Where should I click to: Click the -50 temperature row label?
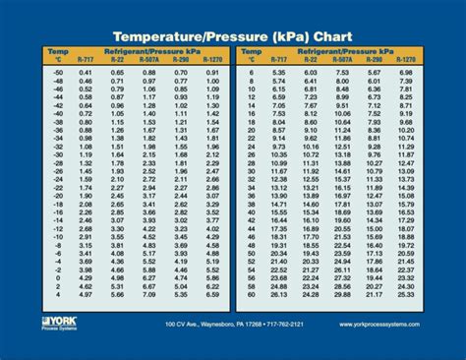(x=57, y=73)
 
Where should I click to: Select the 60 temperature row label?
(x=253, y=294)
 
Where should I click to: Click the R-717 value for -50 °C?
(x=87, y=73)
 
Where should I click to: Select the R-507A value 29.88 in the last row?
(x=343, y=294)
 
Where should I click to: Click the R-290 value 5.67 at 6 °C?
(x=374, y=73)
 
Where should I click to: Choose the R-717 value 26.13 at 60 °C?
(x=279, y=294)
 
